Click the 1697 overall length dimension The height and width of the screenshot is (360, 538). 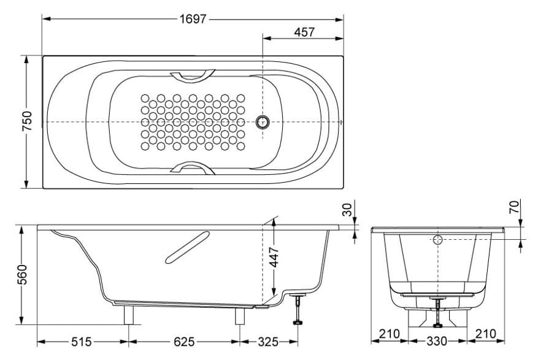click(x=193, y=20)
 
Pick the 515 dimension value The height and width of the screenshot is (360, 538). click(x=81, y=341)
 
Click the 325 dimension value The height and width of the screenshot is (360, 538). click(x=268, y=341)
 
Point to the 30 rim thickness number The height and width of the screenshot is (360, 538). click(x=347, y=209)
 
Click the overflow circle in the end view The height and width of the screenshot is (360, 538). click(x=438, y=240)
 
